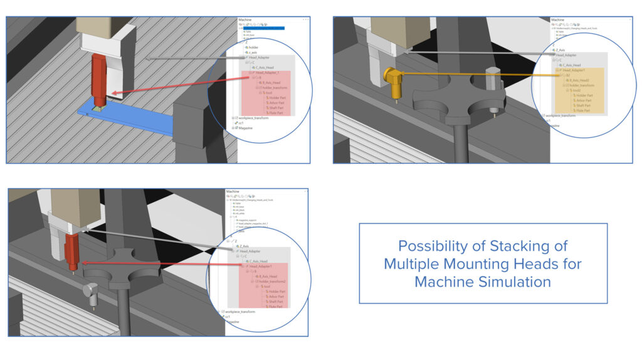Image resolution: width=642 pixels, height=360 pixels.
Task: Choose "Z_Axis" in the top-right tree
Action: pyautogui.click(x=561, y=50)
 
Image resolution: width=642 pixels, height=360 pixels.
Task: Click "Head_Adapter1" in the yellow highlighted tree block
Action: pyautogui.click(x=576, y=70)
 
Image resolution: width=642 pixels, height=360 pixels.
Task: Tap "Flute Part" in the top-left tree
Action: pyautogui.click(x=276, y=112)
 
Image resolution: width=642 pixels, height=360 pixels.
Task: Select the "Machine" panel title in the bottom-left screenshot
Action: pyautogui.click(x=233, y=191)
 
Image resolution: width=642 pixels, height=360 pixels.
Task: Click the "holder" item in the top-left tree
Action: pyautogui.click(x=253, y=47)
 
